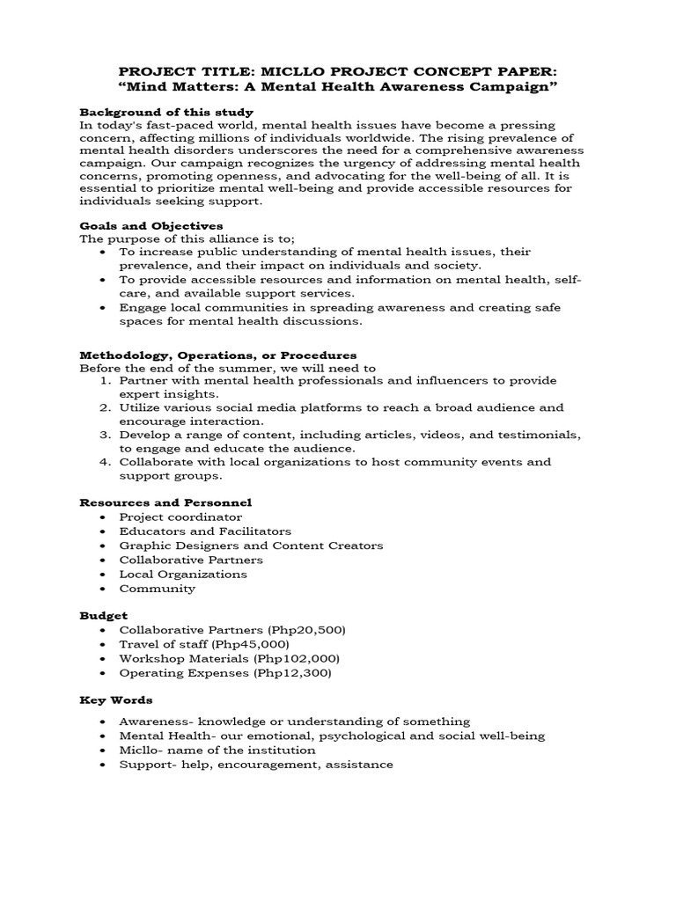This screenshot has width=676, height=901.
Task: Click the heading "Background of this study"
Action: point(166,113)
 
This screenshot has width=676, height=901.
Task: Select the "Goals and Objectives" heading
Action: point(151,226)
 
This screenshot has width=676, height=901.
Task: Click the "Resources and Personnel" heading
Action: point(165,502)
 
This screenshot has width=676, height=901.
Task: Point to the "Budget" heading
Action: point(104,616)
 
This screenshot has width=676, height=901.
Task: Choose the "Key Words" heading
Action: point(116,700)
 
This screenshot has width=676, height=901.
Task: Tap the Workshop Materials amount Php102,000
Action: point(298,658)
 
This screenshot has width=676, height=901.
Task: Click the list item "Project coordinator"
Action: point(180,516)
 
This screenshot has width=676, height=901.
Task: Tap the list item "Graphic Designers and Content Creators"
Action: point(251,546)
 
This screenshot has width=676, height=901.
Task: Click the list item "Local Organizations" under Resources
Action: point(183,574)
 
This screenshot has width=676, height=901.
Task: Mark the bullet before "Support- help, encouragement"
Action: point(105,765)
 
